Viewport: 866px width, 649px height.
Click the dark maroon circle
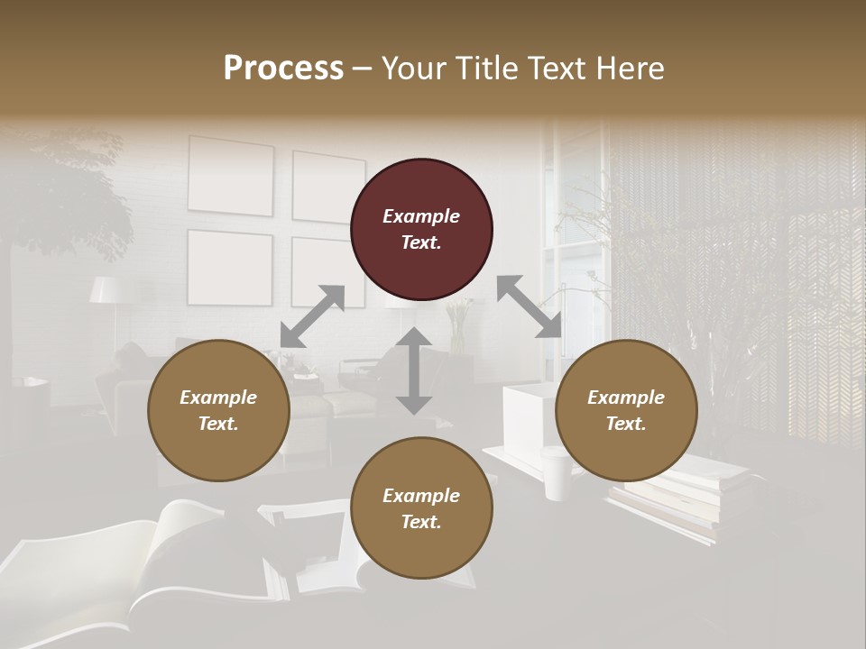(x=421, y=229)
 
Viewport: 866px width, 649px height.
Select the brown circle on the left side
(x=218, y=410)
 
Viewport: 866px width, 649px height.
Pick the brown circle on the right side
(x=626, y=410)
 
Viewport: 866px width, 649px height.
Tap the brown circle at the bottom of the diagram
(x=421, y=508)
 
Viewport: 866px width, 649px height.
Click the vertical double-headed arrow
(x=414, y=370)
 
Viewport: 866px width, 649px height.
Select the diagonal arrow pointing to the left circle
(x=312, y=316)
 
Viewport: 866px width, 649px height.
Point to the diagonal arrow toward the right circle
(x=530, y=306)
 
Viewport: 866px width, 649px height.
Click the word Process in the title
(x=283, y=68)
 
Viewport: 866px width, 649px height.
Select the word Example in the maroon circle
(x=421, y=216)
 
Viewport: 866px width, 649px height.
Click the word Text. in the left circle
(x=218, y=424)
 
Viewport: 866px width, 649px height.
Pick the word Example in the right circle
(x=626, y=398)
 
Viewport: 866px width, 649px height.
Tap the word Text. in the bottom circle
(x=421, y=522)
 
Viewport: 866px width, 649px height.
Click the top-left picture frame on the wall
(x=230, y=176)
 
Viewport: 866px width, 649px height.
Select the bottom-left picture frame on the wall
(x=229, y=268)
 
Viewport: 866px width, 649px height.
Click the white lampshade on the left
(x=107, y=289)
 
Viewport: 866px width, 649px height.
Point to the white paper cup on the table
(x=557, y=474)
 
